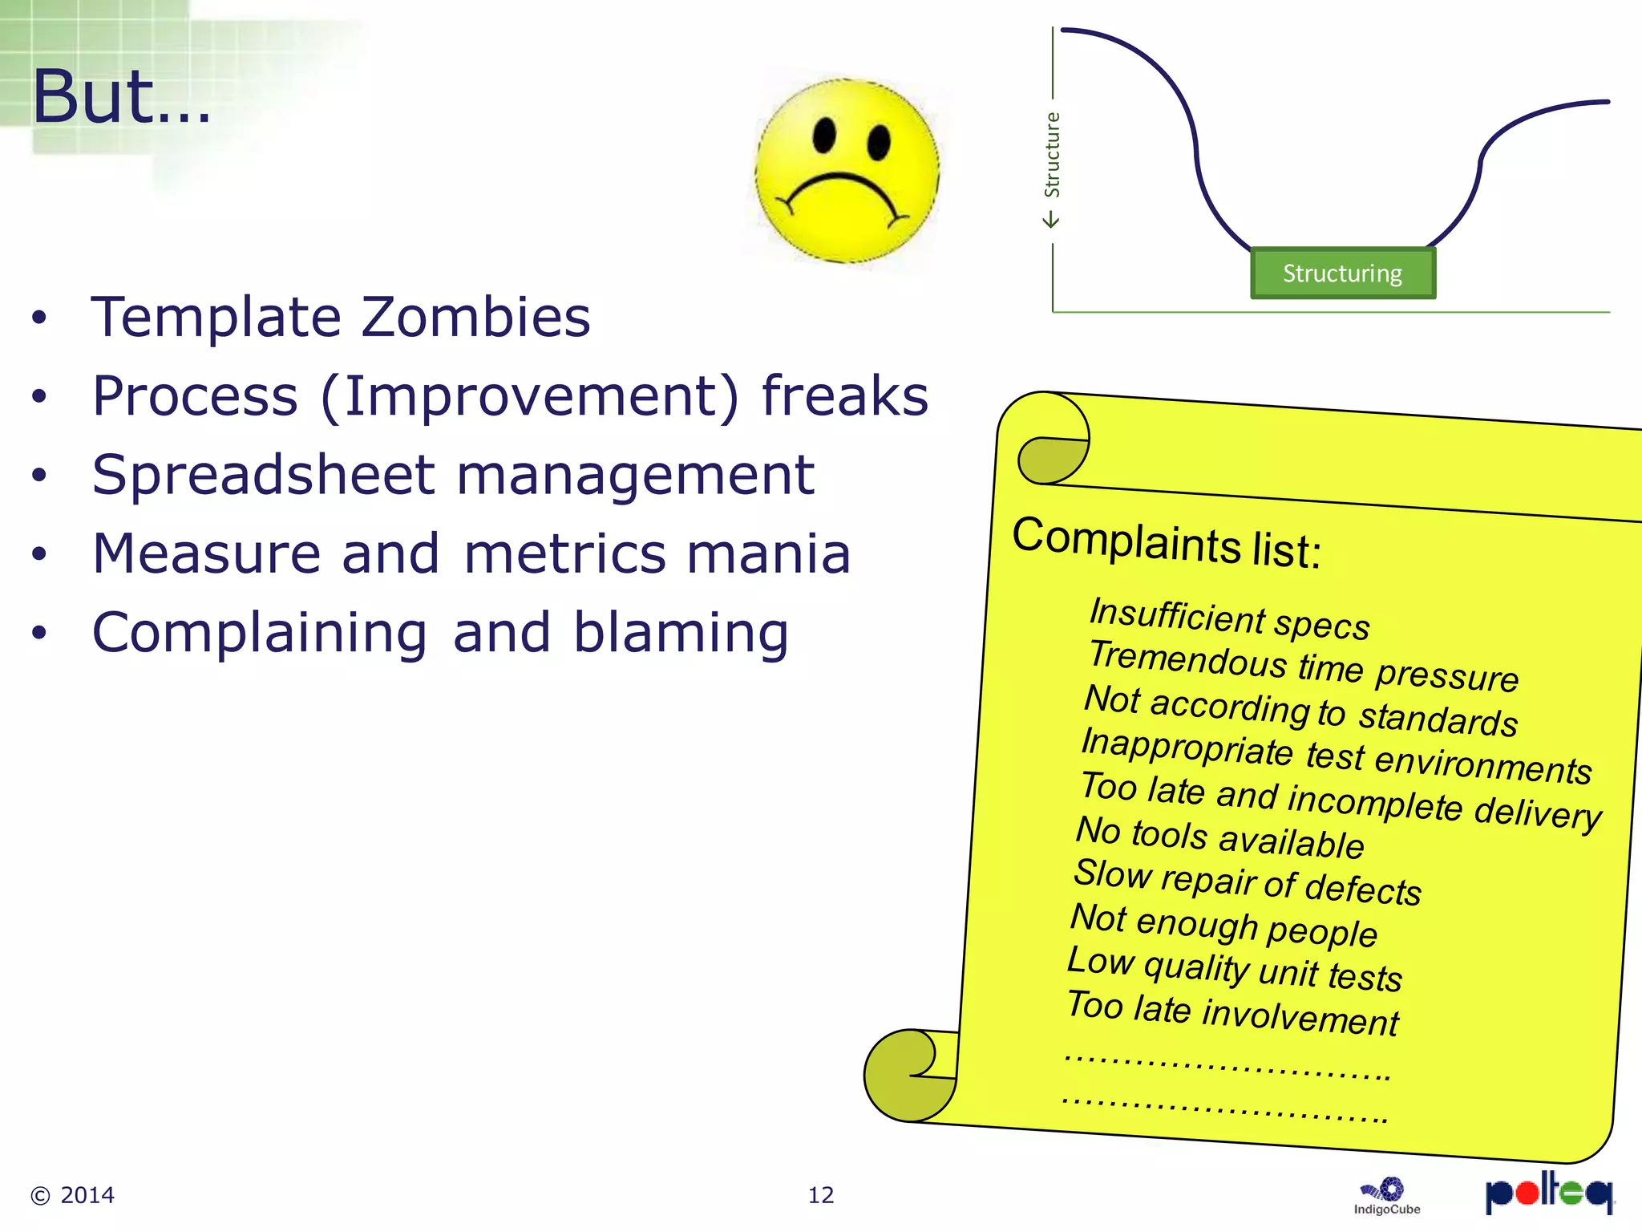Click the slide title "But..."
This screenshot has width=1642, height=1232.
(120, 98)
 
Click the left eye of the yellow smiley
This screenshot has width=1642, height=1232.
(824, 136)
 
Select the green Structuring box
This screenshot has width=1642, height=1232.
(1343, 274)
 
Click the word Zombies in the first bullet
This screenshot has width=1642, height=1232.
(475, 317)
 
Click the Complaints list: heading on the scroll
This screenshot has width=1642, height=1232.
(1167, 543)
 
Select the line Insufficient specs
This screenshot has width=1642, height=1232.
(1229, 619)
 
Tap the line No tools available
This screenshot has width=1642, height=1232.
(1219, 837)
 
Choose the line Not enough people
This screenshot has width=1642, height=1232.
(1223, 925)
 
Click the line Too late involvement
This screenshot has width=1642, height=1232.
(1232, 1014)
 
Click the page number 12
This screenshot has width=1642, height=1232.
(820, 1195)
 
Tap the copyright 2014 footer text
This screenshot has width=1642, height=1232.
(73, 1195)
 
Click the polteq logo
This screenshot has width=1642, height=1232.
(1548, 1192)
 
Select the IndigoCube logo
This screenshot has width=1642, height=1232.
(1387, 1196)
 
